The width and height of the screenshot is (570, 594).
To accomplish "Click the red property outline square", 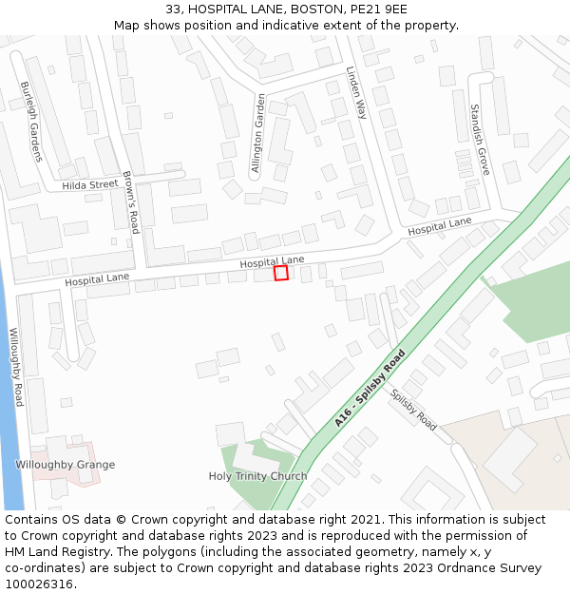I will pyautogui.click(x=281, y=273).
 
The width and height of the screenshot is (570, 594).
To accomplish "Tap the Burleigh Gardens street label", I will pyautogui.click(x=30, y=122).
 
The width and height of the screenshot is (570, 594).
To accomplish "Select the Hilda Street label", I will pyautogui.click(x=90, y=184).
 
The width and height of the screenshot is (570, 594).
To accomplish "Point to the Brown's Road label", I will pyautogui.click(x=131, y=201).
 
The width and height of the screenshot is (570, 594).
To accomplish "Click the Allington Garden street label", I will pyautogui.click(x=258, y=134).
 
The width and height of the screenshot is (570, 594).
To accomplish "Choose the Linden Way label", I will pyautogui.click(x=356, y=92).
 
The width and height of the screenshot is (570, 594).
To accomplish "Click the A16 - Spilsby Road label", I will pyautogui.click(x=370, y=388).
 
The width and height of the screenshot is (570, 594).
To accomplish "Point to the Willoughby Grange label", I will pyautogui.click(x=65, y=465).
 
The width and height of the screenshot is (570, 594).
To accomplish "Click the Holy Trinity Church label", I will pyautogui.click(x=257, y=476).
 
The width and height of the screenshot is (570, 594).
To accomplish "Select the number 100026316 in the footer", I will pyautogui.click(x=39, y=584).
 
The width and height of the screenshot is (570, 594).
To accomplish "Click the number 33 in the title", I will pyautogui.click(x=173, y=9).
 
